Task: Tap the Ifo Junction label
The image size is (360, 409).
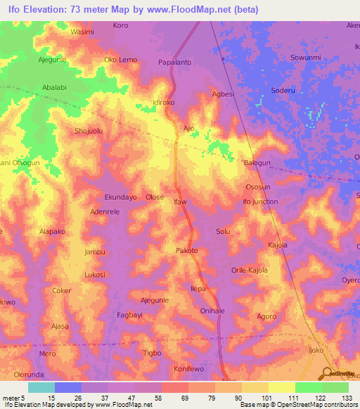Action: click(x=260, y=202)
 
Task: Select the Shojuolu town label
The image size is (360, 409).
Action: click(x=89, y=131)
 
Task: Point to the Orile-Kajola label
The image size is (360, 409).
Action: click(x=250, y=270)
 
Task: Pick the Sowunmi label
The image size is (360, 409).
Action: click(x=305, y=58)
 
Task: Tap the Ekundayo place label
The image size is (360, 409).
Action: click(x=120, y=197)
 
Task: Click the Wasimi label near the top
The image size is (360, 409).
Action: click(x=82, y=32)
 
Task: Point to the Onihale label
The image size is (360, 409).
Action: click(x=212, y=311)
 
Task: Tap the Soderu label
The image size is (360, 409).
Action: click(x=283, y=91)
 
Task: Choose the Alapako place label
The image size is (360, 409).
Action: click(x=52, y=231)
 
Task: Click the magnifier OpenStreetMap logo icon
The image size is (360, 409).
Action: click(x=328, y=375)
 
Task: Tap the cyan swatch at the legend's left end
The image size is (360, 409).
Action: click(x=41, y=387)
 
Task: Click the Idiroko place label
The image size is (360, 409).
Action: click(x=167, y=103)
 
